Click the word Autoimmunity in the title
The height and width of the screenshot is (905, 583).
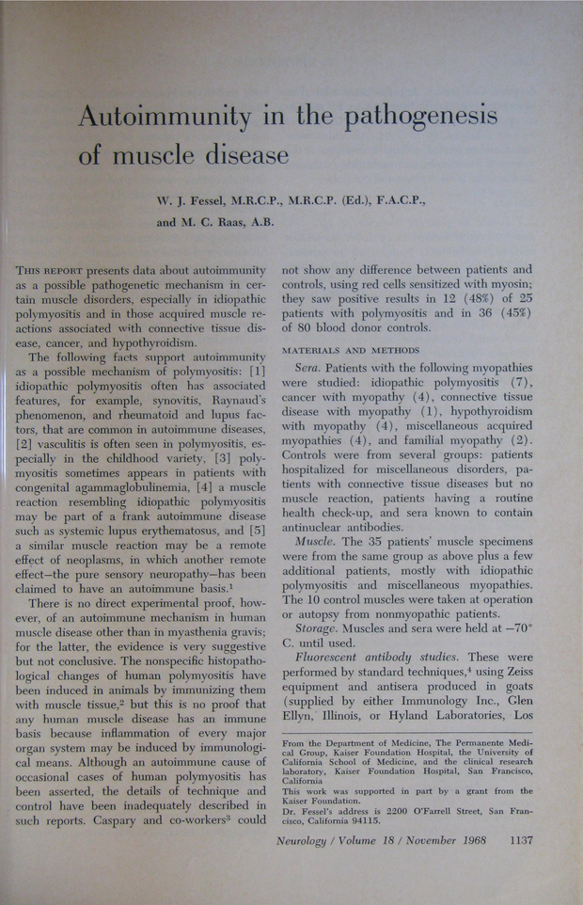(x=164, y=118)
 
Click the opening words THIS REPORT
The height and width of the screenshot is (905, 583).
(x=59, y=270)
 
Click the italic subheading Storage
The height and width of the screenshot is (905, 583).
(x=320, y=629)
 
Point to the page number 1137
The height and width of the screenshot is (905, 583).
(x=517, y=840)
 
